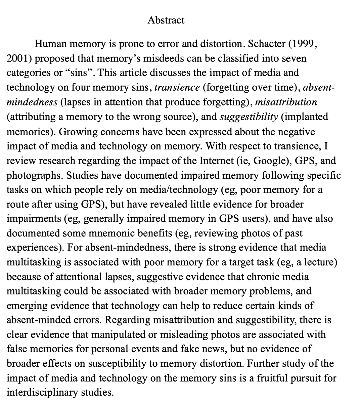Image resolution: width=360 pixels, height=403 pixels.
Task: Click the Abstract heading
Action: click(166, 20)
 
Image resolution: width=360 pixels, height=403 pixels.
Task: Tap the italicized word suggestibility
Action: click(249, 117)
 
